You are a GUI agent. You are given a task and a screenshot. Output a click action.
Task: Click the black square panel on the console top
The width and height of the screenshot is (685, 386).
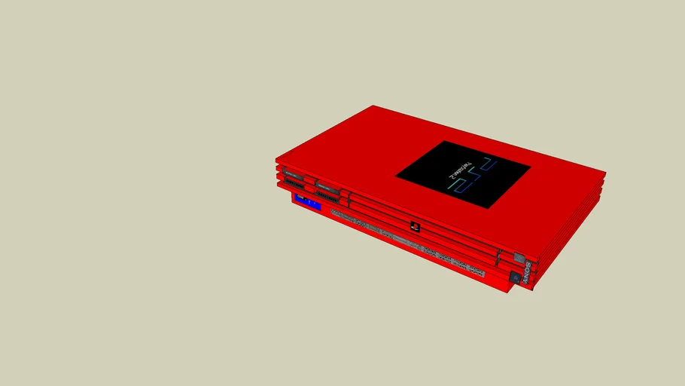(463, 174)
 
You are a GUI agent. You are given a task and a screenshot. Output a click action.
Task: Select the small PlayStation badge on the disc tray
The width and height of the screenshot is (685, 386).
(414, 225)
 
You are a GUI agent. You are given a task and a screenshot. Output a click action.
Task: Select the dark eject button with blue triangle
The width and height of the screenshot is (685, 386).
(515, 277)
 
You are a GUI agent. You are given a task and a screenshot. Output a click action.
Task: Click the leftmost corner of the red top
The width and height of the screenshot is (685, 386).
(276, 159)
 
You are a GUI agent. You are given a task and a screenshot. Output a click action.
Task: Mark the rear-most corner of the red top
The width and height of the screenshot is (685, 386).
(374, 106)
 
